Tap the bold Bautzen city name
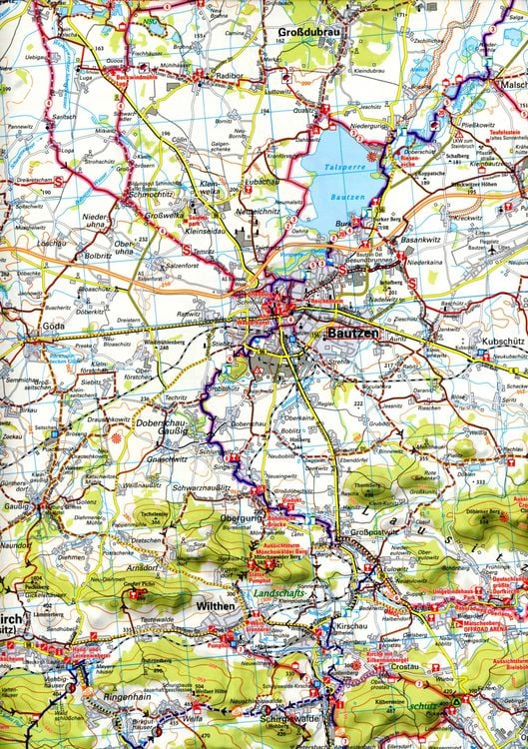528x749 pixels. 352,339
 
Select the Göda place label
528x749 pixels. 52,327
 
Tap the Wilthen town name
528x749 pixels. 216,605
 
